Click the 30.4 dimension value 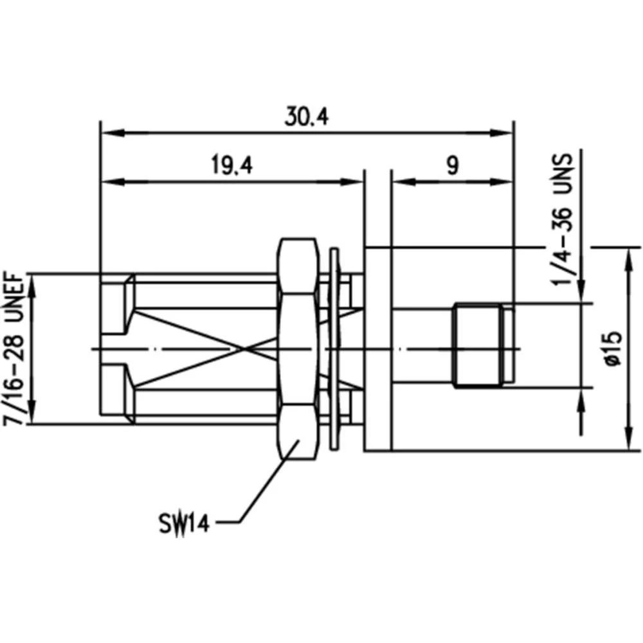tap(307, 117)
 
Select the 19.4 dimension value tap(231, 166)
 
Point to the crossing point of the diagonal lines tap(243, 349)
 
